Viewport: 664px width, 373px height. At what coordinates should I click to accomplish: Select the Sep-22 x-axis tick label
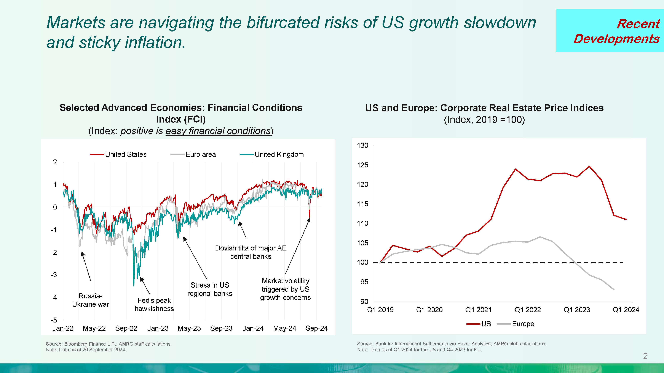pyautogui.click(x=126, y=329)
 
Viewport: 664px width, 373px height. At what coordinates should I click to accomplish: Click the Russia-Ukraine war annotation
pyautogui.click(x=91, y=300)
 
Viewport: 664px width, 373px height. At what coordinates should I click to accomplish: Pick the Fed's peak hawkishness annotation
pyautogui.click(x=154, y=305)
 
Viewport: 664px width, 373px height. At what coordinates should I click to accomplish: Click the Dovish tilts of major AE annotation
pyautogui.click(x=251, y=252)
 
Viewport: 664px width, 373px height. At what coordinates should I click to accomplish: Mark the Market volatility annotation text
pyautogui.click(x=285, y=289)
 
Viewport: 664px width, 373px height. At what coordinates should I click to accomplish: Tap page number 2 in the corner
pyautogui.click(x=645, y=356)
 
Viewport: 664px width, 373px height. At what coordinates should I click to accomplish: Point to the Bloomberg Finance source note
pyautogui.click(x=109, y=344)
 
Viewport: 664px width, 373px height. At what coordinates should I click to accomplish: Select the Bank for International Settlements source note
pyautogui.click(x=451, y=344)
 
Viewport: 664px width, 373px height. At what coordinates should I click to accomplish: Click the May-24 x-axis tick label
pyautogui.click(x=285, y=329)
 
